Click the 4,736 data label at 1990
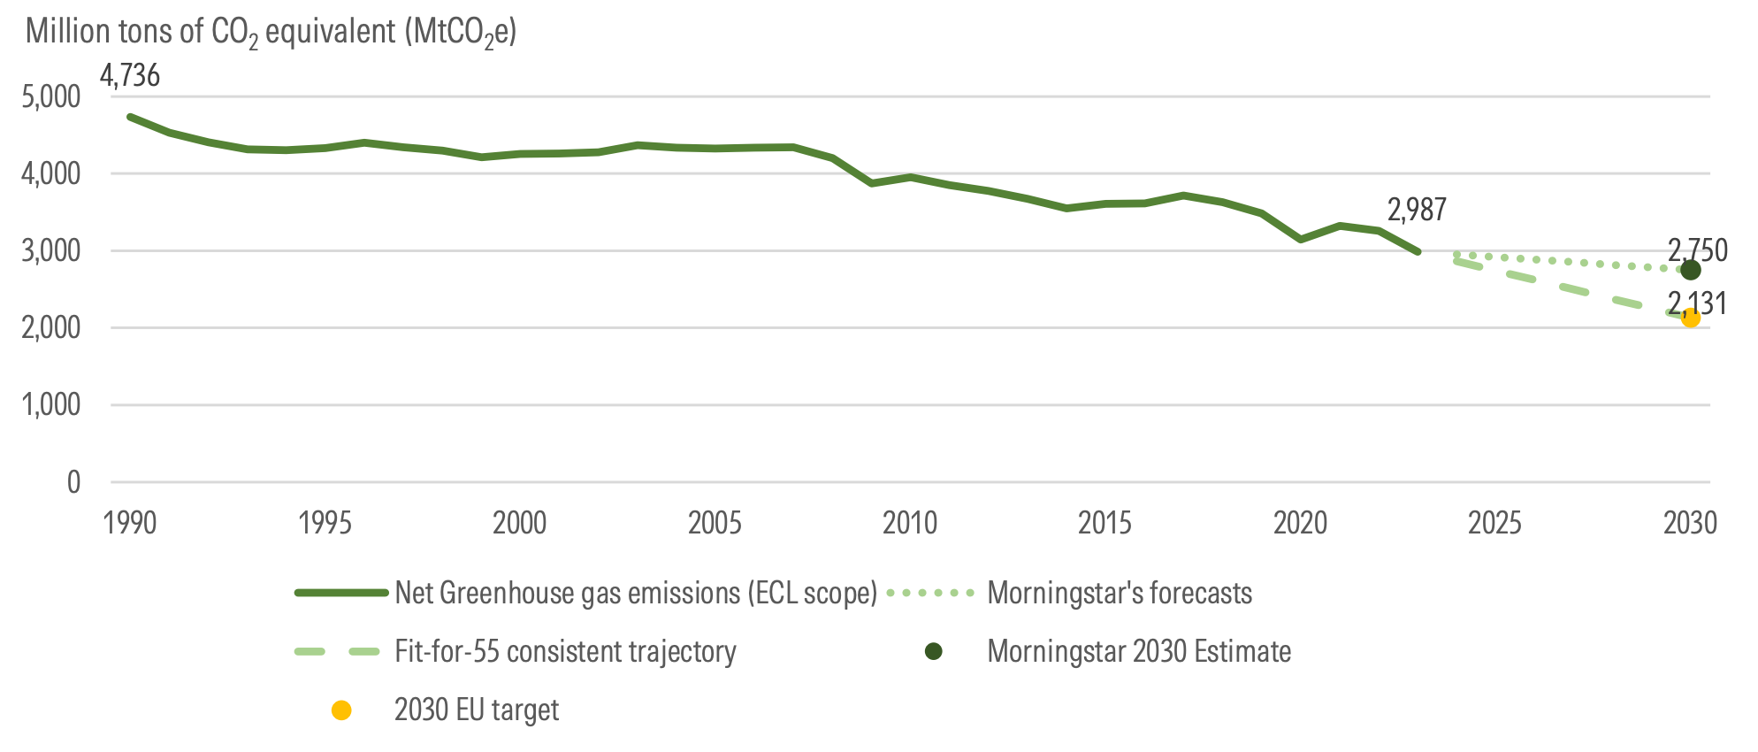pyautogui.click(x=130, y=76)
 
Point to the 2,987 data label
pyautogui.click(x=1417, y=211)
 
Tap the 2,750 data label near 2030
pyautogui.click(x=1697, y=250)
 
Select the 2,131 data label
pyautogui.click(x=1697, y=303)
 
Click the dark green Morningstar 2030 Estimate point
pyautogui.click(x=1690, y=270)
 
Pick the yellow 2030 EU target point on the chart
pyautogui.click(x=1690, y=318)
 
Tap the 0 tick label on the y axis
pyautogui.click(x=73, y=482)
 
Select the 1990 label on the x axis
pyautogui.click(x=130, y=523)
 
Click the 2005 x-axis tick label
pyautogui.click(x=715, y=523)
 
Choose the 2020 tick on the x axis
pyautogui.click(x=1300, y=523)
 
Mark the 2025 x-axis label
pyautogui.click(x=1494, y=523)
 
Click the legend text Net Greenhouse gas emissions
pyautogui.click(x=635, y=593)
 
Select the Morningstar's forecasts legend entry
pyautogui.click(x=1119, y=593)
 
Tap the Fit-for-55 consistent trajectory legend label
pyautogui.click(x=565, y=652)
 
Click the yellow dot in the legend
pyautogui.click(x=341, y=710)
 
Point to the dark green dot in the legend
pyautogui.click(x=933, y=652)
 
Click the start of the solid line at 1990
pyautogui.click(x=131, y=117)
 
